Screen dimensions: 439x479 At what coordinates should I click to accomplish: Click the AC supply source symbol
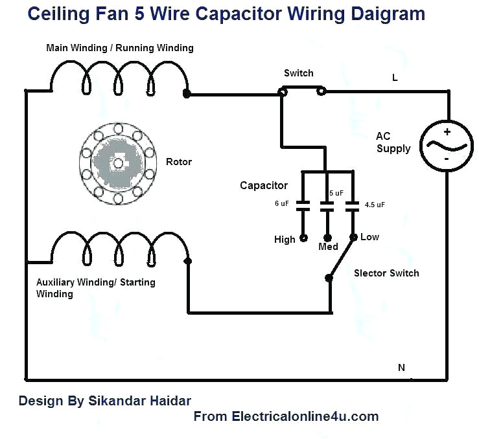click(x=447, y=144)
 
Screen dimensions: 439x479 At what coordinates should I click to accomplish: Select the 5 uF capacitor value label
click(x=336, y=193)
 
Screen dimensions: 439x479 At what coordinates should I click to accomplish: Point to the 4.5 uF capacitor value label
click(x=374, y=205)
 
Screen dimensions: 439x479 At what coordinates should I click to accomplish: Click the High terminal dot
click(x=302, y=238)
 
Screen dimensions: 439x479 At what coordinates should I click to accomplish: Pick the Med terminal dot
click(x=327, y=237)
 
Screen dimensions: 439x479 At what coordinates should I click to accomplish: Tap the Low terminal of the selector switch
click(x=353, y=237)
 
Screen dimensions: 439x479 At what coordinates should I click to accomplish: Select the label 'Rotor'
click(x=179, y=161)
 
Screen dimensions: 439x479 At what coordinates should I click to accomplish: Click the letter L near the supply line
click(x=395, y=78)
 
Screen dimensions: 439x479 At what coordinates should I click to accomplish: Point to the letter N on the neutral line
click(x=401, y=367)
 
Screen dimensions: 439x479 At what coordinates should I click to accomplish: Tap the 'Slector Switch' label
click(x=386, y=273)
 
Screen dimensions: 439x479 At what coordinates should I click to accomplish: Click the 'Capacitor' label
click(x=263, y=186)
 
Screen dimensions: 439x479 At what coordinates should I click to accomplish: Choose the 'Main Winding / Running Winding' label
click(x=119, y=48)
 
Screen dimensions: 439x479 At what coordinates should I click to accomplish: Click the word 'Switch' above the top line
click(x=298, y=73)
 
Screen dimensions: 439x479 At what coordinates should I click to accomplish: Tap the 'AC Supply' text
click(x=393, y=142)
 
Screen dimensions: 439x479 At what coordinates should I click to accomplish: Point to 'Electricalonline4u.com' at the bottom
click(x=305, y=416)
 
